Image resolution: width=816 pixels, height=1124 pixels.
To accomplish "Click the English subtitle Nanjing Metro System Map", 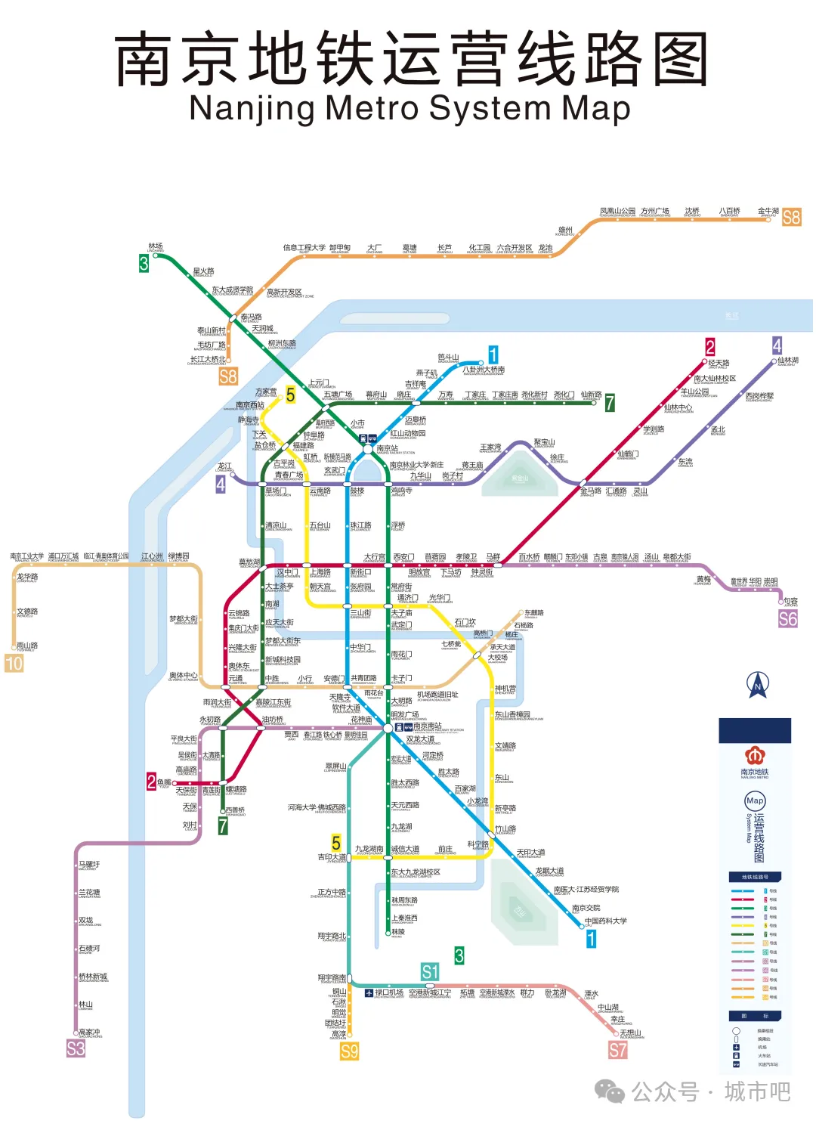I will pyautogui.click(x=410, y=108).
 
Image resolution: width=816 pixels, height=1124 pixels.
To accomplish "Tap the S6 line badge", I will pyautogui.click(x=787, y=619).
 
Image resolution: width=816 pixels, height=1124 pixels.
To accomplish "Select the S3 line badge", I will pyautogui.click(x=76, y=1048).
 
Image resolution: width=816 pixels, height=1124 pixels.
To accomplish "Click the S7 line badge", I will pyautogui.click(x=618, y=1050).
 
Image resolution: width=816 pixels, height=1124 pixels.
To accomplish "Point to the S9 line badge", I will pyautogui.click(x=349, y=1051).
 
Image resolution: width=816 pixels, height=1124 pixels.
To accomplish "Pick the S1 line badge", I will pyautogui.click(x=430, y=971).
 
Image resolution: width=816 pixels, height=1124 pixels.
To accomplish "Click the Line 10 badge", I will pyautogui.click(x=14, y=663).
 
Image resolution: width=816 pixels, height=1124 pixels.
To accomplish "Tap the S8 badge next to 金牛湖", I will pyautogui.click(x=791, y=218).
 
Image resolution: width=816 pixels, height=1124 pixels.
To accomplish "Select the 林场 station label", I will pyautogui.click(x=156, y=246).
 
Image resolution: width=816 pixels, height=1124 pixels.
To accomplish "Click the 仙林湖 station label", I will pyautogui.click(x=787, y=361).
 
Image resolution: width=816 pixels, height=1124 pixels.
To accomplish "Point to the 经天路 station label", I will pyautogui.click(x=719, y=363).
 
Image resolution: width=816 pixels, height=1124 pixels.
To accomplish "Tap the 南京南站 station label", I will pyautogui.click(x=428, y=726).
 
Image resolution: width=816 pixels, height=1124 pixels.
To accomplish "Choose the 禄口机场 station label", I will pyautogui.click(x=389, y=992).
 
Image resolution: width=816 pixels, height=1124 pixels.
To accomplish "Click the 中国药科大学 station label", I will pyautogui.click(x=606, y=921).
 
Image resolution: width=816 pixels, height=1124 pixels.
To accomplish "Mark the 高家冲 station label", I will pyautogui.click(x=89, y=1032).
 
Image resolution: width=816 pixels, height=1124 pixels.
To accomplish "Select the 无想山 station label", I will pyautogui.click(x=630, y=1033).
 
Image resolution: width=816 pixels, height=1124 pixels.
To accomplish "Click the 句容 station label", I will pyautogui.click(x=790, y=601).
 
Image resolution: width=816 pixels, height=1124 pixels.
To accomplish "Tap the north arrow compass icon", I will pyautogui.click(x=758, y=685).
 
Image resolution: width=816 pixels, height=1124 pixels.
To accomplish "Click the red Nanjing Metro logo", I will pyautogui.click(x=754, y=755).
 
